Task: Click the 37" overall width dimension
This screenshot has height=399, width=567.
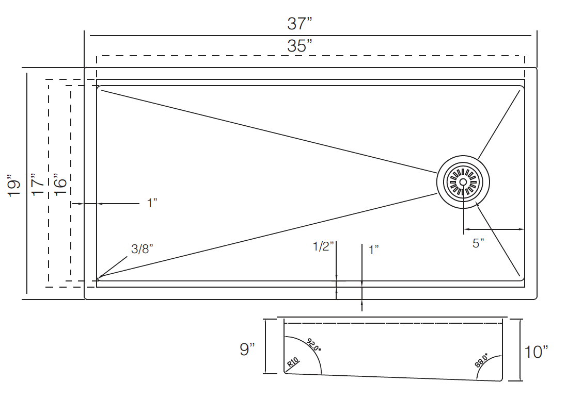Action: (x=300, y=23)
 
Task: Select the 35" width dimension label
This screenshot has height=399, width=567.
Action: (x=300, y=46)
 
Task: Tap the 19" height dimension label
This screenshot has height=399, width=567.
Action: (x=14, y=186)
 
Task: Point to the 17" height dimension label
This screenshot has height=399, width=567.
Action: (x=37, y=184)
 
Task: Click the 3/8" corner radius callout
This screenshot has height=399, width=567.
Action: (x=142, y=250)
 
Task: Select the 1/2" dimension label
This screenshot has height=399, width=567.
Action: (x=324, y=246)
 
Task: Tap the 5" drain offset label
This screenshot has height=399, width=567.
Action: (x=478, y=243)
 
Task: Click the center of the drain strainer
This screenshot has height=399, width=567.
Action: (x=463, y=182)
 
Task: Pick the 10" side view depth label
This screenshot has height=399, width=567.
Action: (x=536, y=352)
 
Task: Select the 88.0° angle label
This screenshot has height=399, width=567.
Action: (x=481, y=360)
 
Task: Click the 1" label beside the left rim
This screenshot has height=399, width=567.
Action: (x=152, y=203)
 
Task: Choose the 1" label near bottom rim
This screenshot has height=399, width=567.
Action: (x=374, y=250)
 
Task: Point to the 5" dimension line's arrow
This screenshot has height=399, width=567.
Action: (x=521, y=229)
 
